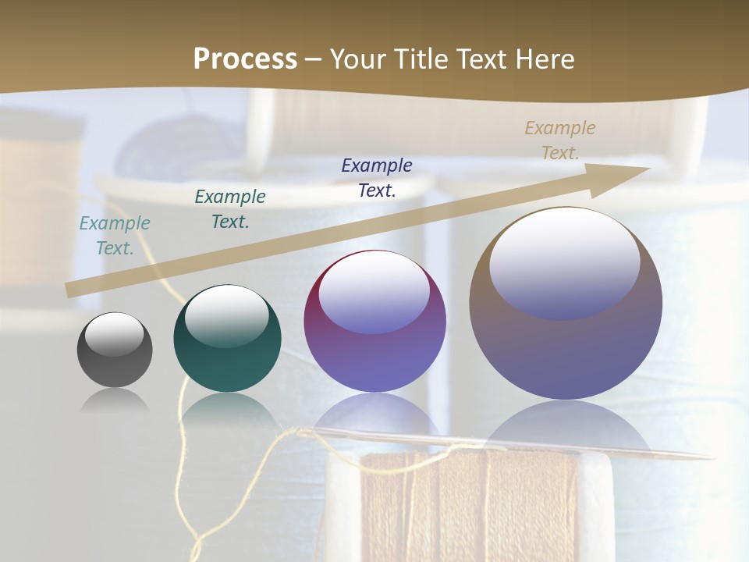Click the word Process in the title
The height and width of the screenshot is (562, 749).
tap(245, 59)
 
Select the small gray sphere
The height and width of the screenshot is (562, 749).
tap(115, 350)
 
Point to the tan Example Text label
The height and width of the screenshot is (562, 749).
tap(559, 140)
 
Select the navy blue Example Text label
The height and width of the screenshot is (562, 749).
tap(377, 177)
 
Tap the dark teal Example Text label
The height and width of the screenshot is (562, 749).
tap(230, 208)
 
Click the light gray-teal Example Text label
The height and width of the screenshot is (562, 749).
tap(115, 235)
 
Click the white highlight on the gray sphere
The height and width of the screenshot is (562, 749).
tap(115, 334)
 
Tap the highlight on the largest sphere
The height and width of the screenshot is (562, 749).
tap(564, 262)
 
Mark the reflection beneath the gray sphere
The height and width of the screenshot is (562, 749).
tap(115, 400)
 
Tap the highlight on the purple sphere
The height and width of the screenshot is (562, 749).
tap(374, 293)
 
